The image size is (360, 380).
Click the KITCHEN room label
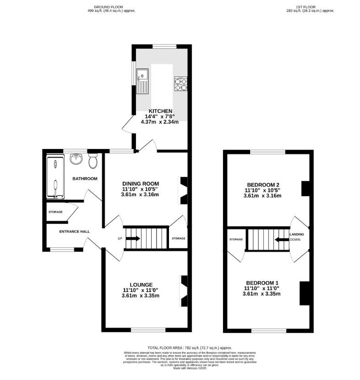[160, 111]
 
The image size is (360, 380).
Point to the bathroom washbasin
[76, 159]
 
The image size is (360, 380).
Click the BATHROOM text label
[85, 179]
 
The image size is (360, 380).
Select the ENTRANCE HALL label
[74, 231]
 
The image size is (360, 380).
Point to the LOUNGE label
[140, 284]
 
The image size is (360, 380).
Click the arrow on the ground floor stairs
[134, 238]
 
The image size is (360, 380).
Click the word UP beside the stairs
[120, 238]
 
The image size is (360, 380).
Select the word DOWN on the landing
[295, 239]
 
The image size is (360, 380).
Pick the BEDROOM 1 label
[262, 282]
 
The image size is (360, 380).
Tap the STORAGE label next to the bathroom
[56, 212]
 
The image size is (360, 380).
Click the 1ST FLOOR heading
[309, 7]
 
